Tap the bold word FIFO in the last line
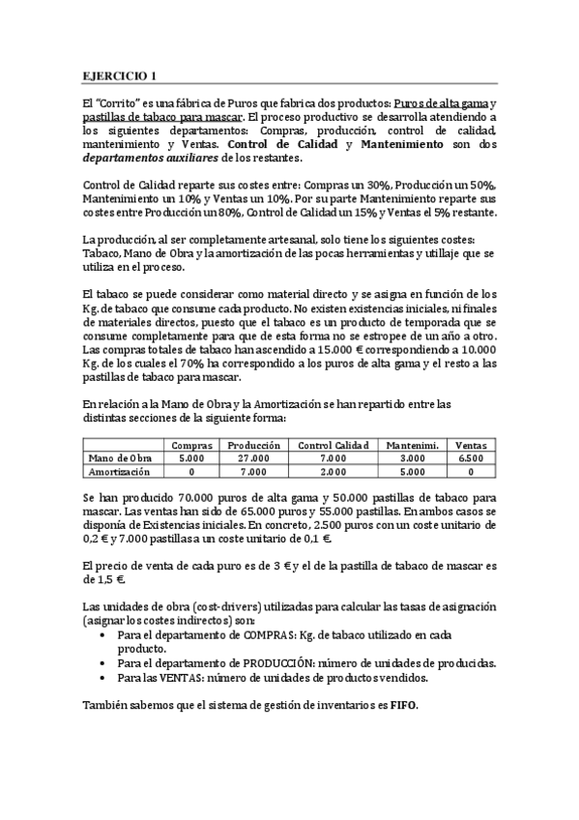tap(406, 706)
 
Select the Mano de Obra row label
tap(121, 457)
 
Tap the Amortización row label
tap(119, 471)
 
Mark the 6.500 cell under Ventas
tap(471, 457)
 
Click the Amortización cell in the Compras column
tap(190, 471)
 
